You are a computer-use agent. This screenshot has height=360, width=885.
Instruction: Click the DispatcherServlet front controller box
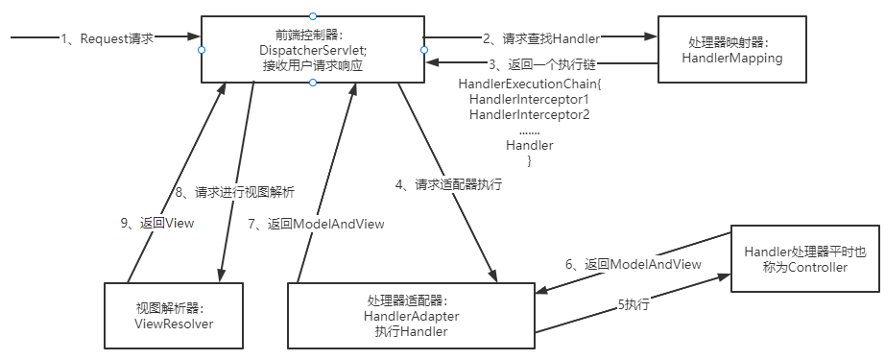[313, 50]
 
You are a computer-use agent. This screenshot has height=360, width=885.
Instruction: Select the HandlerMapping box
[732, 50]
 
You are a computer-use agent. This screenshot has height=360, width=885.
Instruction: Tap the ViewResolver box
[174, 316]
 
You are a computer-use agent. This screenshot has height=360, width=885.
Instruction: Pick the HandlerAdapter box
[411, 316]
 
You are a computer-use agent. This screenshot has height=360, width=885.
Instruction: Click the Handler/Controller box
[805, 258]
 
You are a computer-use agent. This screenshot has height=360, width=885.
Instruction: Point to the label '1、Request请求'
[108, 38]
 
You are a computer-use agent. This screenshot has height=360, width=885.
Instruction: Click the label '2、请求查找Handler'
[540, 38]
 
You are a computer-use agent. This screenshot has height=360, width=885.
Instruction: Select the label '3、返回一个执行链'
[541, 63]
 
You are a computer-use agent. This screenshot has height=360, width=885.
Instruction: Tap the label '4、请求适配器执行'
[448, 184]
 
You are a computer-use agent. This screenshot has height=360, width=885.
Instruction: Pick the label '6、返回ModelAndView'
[634, 264]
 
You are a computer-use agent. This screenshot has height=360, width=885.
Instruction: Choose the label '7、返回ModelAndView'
[316, 224]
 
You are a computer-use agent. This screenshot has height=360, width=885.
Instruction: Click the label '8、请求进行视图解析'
[235, 191]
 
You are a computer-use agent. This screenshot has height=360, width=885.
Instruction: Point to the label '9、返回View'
[156, 223]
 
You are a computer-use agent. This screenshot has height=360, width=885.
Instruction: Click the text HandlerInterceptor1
[530, 100]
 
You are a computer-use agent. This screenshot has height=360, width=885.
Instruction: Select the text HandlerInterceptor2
[530, 115]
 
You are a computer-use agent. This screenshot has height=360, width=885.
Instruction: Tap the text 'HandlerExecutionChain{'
[531, 84]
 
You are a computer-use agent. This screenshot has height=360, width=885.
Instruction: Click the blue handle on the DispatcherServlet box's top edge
[313, 15]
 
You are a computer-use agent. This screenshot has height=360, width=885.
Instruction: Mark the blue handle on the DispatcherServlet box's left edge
[202, 50]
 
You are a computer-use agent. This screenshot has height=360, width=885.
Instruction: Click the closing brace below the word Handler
[530, 161]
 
